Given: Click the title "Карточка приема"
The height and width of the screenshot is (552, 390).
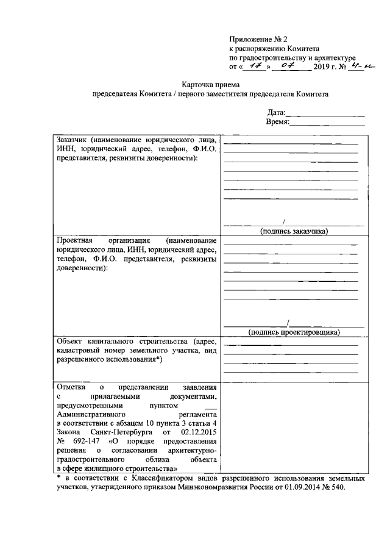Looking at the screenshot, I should coord(210,85).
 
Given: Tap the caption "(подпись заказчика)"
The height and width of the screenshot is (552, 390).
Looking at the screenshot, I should coord(294,231).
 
